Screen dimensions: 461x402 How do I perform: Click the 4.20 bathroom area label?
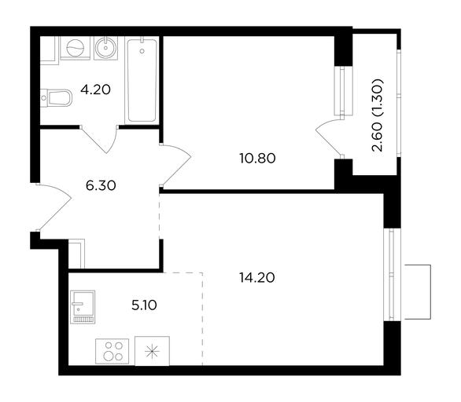click(95, 90)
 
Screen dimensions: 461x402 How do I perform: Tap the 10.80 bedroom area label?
click(257, 159)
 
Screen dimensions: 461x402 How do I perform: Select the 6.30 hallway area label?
click(101, 185)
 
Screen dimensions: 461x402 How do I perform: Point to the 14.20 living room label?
click(257, 278)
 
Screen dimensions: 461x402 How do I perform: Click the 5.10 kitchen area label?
click(144, 305)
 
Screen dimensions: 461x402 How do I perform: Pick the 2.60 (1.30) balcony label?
click(378, 115)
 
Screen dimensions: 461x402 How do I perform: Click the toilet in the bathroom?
click(57, 97)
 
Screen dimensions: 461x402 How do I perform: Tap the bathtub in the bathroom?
click(142, 80)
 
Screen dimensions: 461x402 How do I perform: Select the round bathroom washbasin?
click(106, 48)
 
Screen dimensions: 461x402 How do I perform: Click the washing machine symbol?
click(75, 48)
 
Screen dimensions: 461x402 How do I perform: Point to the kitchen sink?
click(83, 307)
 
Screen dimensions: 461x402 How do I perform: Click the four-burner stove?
click(112, 351)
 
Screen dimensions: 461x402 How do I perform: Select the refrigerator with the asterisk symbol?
click(152, 351)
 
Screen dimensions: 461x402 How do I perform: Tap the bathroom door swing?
click(99, 139)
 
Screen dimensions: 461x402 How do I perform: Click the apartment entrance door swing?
click(54, 206)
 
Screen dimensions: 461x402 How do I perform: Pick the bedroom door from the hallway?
click(175, 165)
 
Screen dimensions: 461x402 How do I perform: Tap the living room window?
click(392, 275)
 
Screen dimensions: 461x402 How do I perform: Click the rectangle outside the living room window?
click(418, 292)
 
